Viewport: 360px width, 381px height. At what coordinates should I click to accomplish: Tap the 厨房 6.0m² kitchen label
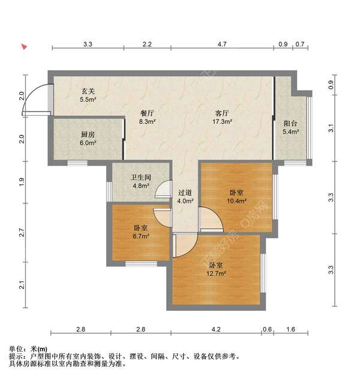pyautogui.click(x=88, y=139)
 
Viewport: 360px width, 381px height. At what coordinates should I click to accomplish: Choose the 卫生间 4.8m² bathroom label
pyautogui.click(x=141, y=181)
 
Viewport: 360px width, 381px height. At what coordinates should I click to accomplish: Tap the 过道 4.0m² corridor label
pyautogui.click(x=185, y=197)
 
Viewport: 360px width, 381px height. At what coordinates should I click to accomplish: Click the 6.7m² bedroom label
pyautogui.click(x=141, y=232)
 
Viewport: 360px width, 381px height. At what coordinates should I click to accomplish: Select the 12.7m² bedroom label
pyautogui.click(x=217, y=269)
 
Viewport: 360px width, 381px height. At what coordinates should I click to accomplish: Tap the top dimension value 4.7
pyautogui.click(x=221, y=44)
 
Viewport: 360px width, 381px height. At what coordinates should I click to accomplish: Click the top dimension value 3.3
pyautogui.click(x=88, y=44)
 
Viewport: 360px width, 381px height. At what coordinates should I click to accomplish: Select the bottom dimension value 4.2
pyautogui.click(x=216, y=329)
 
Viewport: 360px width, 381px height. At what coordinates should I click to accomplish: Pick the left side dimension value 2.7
pyautogui.click(x=22, y=232)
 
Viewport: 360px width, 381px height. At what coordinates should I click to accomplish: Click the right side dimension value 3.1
pyautogui.click(x=331, y=127)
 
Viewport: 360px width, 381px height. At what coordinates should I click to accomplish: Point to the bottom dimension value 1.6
pyautogui.click(x=290, y=329)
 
